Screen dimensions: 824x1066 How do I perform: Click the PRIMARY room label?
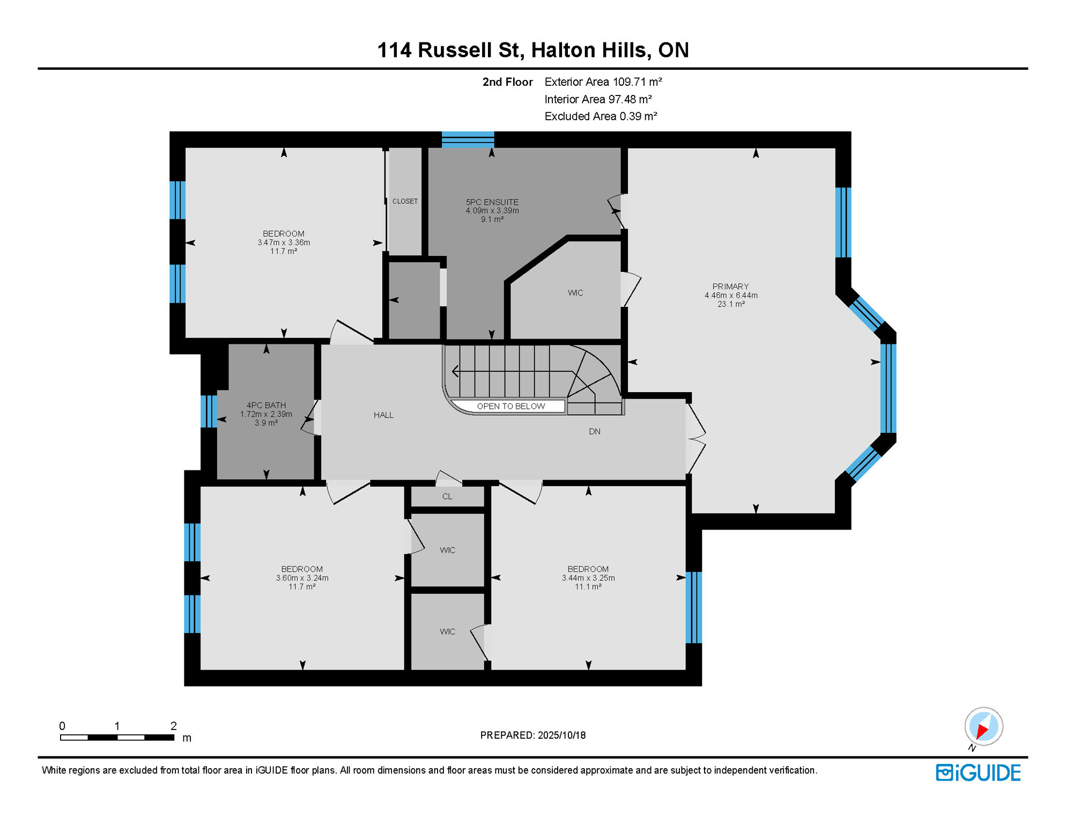click(x=730, y=286)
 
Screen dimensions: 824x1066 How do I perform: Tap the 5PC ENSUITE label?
click(x=492, y=202)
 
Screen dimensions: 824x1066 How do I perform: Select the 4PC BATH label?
click(x=266, y=406)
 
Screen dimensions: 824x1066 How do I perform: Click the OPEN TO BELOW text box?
click(x=510, y=406)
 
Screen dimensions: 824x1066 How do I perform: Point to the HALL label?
click(x=383, y=415)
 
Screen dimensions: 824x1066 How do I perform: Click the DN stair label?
click(x=594, y=432)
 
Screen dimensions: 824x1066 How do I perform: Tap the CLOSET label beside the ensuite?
click(x=405, y=201)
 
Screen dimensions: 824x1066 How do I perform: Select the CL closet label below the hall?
click(x=447, y=497)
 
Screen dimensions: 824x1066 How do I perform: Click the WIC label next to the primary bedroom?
click(x=575, y=293)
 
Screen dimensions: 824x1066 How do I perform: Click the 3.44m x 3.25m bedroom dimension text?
click(x=588, y=578)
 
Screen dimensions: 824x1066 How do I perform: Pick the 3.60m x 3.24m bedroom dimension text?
click(x=302, y=578)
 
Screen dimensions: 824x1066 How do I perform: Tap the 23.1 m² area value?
click(x=730, y=304)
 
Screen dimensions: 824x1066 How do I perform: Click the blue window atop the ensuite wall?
click(x=468, y=139)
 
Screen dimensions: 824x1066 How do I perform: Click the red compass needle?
click(x=982, y=731)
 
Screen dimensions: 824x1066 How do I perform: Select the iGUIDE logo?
click(x=978, y=773)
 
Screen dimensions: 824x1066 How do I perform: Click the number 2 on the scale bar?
click(x=173, y=726)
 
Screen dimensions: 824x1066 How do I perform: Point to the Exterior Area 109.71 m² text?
click(x=603, y=82)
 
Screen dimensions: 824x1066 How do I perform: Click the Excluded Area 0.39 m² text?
click(x=601, y=116)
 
